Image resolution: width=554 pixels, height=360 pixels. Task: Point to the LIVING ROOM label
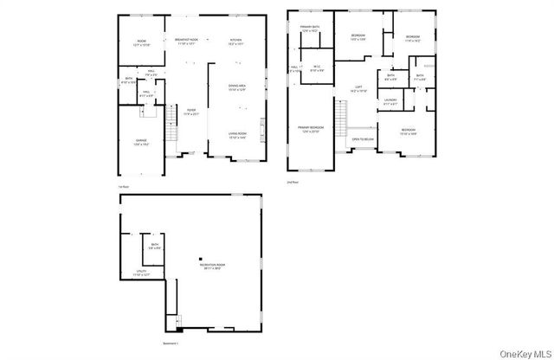point(238,133)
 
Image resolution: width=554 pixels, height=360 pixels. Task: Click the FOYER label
point(191,110)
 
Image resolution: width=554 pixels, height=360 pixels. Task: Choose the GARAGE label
point(141,141)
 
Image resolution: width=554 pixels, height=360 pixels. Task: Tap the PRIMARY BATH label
point(310,28)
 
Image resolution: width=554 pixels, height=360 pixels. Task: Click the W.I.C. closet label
point(317,67)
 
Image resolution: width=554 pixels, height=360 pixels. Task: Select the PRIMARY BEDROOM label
point(310,128)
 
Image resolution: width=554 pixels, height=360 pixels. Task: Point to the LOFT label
point(358,87)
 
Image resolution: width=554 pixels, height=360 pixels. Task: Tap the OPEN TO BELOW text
point(362,138)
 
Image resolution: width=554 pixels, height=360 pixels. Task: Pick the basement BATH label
point(154,245)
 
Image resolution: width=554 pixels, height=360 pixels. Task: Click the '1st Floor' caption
point(124,185)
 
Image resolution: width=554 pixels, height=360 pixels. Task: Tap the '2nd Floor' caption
point(293,182)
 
